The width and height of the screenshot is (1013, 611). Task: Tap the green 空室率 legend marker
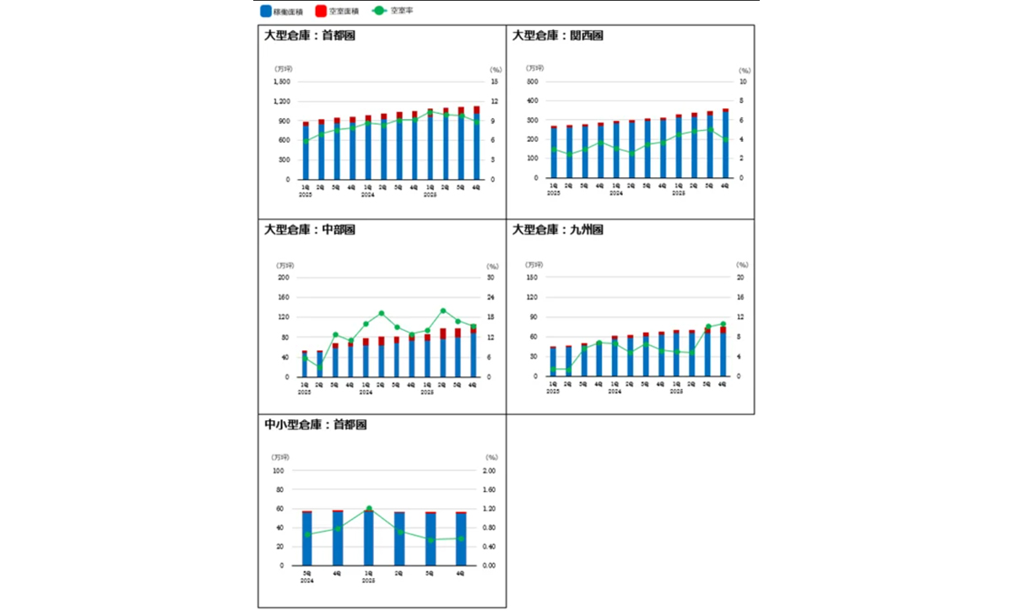tap(381, 12)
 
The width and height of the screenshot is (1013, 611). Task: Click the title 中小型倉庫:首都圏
tap(315, 424)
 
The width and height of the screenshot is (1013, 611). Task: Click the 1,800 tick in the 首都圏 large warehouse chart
tap(282, 82)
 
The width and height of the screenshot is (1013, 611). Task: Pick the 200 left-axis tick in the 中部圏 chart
tap(284, 278)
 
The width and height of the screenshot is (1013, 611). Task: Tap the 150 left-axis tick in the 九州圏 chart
tap(532, 278)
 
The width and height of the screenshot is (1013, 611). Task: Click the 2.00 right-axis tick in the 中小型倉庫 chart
tap(490, 471)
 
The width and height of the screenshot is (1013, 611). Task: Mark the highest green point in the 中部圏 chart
tap(443, 311)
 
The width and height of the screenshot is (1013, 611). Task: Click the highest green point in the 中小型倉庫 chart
tap(369, 509)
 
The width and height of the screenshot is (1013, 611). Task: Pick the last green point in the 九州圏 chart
tap(723, 324)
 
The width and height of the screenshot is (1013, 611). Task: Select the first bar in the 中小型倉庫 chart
tap(307, 538)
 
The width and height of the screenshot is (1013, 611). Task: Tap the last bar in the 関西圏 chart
tap(725, 143)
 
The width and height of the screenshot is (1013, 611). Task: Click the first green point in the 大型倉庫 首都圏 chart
tap(306, 141)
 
